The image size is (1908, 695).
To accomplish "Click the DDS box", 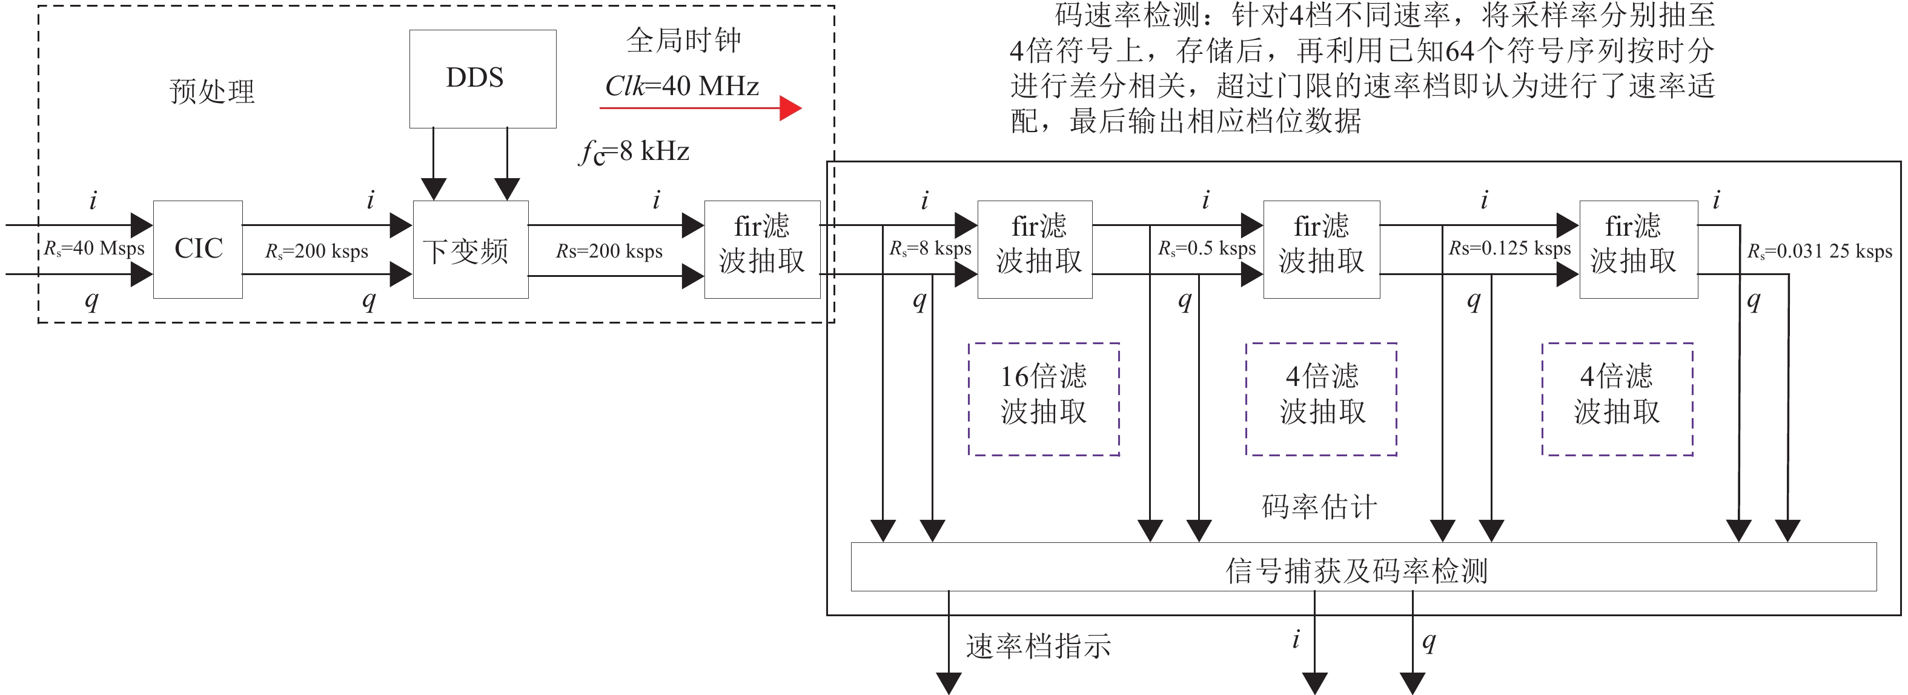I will pos(482,79).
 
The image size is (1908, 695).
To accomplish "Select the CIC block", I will pos(197,249).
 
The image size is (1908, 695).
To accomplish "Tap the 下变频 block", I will pos(470,250).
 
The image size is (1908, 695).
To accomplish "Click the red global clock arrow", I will pos(700,108).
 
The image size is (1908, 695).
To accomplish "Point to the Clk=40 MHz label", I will pos(681,86).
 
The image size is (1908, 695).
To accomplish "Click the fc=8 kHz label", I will pos(634,152).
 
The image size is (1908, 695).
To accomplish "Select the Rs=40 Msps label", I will pos(94,248).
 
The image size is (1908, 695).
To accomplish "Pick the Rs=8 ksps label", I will pos(930,248).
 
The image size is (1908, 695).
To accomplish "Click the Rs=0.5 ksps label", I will pos(1207,248).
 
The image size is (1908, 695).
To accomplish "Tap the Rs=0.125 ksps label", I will pos(1509,248).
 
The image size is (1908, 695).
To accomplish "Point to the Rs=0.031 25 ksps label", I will pos(1819,251).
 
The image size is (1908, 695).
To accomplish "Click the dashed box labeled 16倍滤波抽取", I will pos(1043,399).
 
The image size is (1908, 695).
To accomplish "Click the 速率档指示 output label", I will pos(1038,646).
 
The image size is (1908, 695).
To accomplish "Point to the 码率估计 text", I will pos(1319,507).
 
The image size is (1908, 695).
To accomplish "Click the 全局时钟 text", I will pos(683,40).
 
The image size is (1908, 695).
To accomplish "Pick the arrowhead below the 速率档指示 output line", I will pos(949,682).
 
